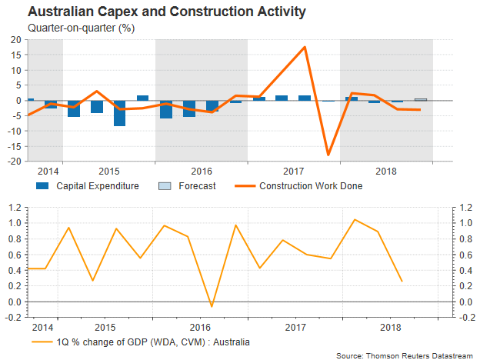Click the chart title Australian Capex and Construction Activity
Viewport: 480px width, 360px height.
pos(156,12)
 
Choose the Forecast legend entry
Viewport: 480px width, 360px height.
pos(185,185)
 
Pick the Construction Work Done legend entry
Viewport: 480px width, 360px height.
pos(299,185)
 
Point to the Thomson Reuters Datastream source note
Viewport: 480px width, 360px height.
pos(406,355)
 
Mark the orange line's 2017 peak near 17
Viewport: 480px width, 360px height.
pos(305,47)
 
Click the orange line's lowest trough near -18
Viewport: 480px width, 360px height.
pos(328,155)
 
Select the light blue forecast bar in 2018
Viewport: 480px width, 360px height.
pos(421,99)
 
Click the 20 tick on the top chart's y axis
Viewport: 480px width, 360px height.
pos(17,39)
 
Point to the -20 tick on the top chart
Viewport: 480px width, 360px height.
pos(15,162)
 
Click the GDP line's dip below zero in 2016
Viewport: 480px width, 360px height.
pos(212,306)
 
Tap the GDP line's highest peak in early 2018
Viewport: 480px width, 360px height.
pos(355,220)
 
